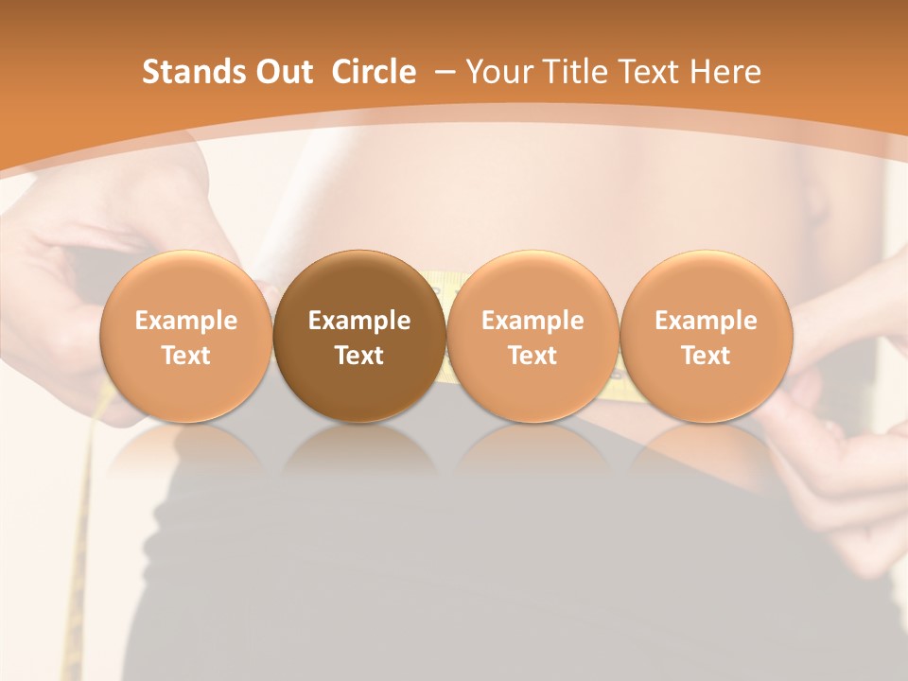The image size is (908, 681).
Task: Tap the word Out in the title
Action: coord(282,72)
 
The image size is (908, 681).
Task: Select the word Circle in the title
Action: coord(374,72)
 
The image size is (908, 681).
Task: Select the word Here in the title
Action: coord(726,72)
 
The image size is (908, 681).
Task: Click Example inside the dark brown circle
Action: coord(359,321)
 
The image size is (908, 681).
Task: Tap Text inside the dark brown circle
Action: coord(359,356)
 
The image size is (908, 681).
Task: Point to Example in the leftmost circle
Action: coord(185,321)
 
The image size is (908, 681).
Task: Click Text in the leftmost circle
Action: coord(185,356)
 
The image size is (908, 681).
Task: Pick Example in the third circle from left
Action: coord(533,321)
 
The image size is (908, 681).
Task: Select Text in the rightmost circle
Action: coord(706,356)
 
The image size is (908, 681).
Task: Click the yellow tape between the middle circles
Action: coord(445,284)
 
